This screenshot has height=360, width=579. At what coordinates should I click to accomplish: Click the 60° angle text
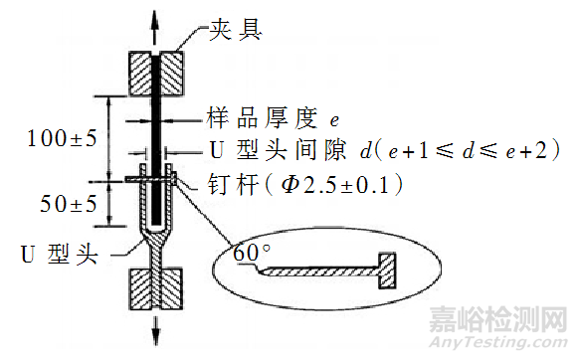coord(251,253)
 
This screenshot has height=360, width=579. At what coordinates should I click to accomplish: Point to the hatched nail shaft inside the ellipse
coord(318,270)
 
